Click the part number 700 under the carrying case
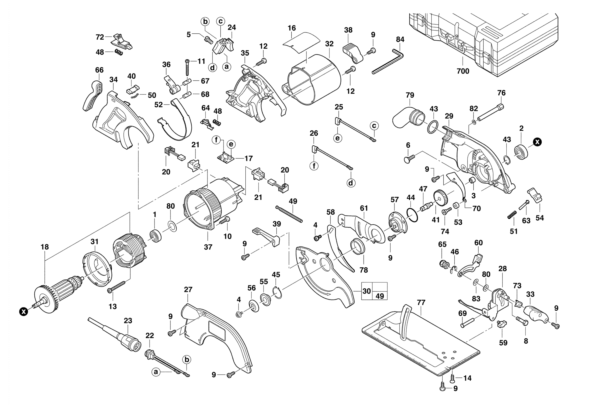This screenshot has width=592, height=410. pos(463,71)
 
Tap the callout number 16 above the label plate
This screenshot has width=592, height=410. pos(292,28)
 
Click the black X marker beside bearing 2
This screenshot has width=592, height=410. pos(537,142)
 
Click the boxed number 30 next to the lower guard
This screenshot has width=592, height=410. pos(367,291)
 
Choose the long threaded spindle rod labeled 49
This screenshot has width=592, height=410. pos(289,214)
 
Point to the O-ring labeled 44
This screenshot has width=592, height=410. pos(412,215)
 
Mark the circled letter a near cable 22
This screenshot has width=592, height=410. pos(155,371)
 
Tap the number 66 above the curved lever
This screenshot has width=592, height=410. pos(99,70)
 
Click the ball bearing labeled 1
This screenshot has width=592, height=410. pos(155,235)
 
